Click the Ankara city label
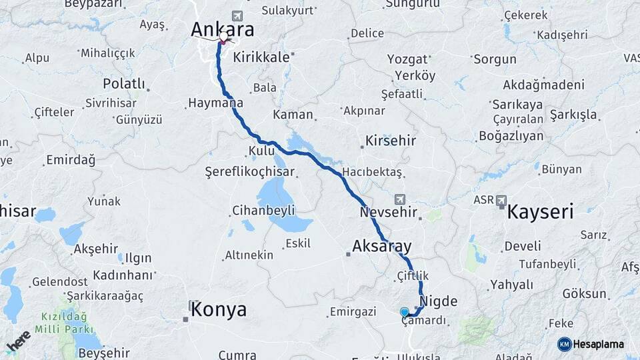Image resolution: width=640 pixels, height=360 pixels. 222,29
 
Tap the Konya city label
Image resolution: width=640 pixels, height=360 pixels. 218,310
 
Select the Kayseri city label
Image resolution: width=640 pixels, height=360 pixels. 540,213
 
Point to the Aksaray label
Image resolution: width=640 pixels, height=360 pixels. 382,247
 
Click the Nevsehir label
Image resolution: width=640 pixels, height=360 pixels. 389,213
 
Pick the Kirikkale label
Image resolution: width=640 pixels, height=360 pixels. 261,57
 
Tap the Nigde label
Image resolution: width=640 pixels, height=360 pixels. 439,301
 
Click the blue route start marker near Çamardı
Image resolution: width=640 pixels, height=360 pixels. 404,311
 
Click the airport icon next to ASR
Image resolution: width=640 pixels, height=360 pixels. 501,199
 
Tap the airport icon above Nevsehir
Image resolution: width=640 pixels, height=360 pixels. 400,199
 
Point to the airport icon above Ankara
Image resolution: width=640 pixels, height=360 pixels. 236,15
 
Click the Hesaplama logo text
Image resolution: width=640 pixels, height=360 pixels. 598,344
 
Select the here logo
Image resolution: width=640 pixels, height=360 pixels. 18,341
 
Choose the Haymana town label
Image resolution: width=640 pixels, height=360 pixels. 215,104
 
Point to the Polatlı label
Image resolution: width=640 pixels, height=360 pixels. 124,84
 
